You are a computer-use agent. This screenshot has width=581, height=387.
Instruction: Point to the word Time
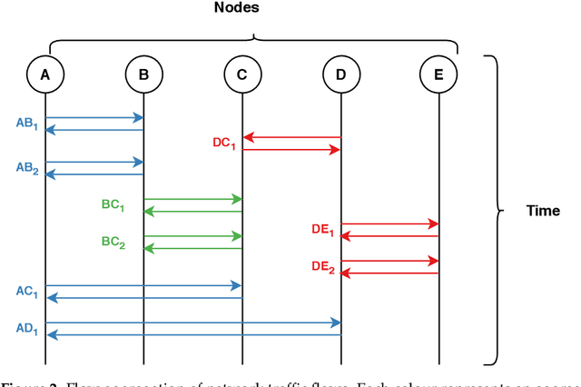(x=543, y=212)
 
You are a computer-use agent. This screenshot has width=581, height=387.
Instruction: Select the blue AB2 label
(x=26, y=169)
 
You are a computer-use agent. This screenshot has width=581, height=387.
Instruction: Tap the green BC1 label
(x=113, y=205)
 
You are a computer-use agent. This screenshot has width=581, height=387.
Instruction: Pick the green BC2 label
(x=113, y=243)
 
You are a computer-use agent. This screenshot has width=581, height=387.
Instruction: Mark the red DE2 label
(x=322, y=268)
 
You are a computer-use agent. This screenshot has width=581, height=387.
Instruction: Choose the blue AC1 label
(x=26, y=292)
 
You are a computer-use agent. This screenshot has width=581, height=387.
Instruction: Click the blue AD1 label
(x=26, y=328)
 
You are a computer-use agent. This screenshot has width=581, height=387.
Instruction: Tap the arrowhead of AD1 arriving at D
(x=335, y=322)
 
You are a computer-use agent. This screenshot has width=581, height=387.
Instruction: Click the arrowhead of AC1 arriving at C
(x=237, y=285)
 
